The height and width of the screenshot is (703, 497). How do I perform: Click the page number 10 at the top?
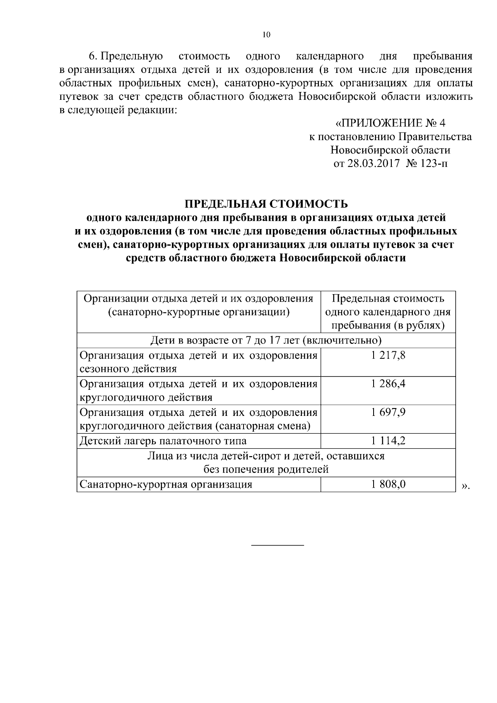coord(266,35)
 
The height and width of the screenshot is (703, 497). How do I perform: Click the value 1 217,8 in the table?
coord(388,355)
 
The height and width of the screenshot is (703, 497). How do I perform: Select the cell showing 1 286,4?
coord(388,384)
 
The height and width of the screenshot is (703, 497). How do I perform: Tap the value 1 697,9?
coord(388,412)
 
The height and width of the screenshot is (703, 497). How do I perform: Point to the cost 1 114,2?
coord(388,441)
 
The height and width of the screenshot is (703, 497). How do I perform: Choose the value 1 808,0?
coord(388,484)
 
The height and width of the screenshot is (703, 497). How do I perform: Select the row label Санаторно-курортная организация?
coord(166,484)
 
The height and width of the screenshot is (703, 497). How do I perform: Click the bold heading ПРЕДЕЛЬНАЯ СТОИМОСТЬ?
coord(266,204)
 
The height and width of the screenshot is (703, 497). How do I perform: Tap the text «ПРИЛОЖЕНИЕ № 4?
coord(390,123)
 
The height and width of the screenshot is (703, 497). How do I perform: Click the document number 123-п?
coord(434,163)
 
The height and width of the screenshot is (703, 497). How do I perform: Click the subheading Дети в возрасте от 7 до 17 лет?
coord(266,341)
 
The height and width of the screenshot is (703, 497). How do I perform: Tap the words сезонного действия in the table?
coord(128,369)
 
